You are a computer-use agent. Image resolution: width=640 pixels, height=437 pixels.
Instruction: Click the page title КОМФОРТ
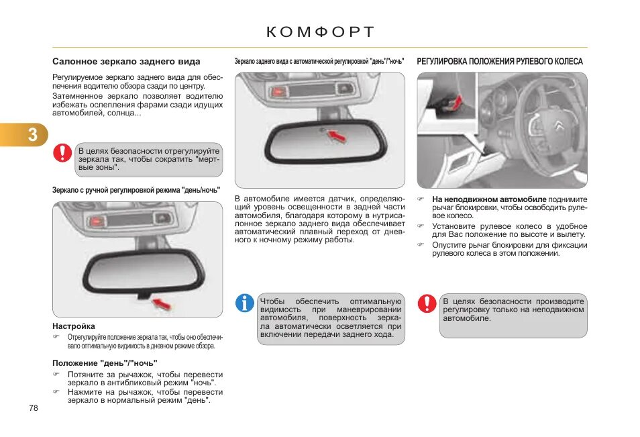click(x=320, y=32)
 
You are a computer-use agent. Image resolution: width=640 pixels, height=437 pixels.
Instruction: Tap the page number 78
click(x=34, y=407)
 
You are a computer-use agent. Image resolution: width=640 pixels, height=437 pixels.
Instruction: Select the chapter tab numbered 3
click(x=32, y=135)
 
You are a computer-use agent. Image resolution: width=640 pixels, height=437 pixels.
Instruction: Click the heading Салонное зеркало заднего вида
click(x=126, y=62)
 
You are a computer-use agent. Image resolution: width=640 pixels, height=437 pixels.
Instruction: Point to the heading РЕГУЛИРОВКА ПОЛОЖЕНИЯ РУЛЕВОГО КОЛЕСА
click(x=500, y=62)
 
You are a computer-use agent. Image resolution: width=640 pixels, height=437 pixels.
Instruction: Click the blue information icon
click(x=245, y=303)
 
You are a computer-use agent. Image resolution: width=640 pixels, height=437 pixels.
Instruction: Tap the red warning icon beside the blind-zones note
click(x=62, y=152)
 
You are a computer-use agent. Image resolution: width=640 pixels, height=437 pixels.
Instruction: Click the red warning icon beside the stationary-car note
click(x=427, y=303)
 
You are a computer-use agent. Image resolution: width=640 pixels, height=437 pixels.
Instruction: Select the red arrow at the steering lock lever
click(x=456, y=102)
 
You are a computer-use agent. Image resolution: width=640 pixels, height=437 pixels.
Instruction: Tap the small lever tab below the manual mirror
click(x=143, y=294)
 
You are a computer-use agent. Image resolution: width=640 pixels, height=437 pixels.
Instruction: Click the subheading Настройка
click(x=74, y=326)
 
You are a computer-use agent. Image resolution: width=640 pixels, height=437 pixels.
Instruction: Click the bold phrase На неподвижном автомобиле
click(x=489, y=199)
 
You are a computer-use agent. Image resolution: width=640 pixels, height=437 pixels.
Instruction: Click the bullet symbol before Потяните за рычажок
click(x=57, y=375)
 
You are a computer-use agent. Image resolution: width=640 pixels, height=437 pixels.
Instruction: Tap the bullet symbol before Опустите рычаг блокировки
click(x=421, y=245)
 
